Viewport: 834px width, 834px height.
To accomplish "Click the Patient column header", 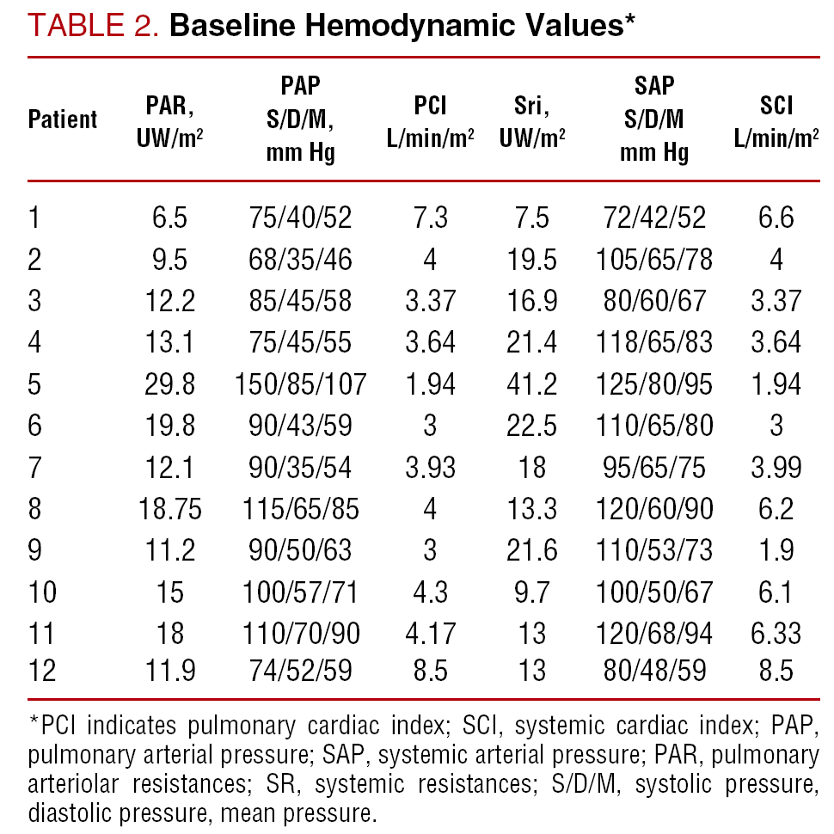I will [x=63, y=119].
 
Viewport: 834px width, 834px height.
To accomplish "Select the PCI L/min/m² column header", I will [x=431, y=119].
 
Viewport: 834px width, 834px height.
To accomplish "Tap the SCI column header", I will [x=776, y=119].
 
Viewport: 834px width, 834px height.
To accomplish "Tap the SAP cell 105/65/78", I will [x=655, y=259].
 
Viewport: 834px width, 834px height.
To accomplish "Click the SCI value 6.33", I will [x=776, y=634].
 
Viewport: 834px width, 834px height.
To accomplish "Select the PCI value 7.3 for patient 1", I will [x=431, y=218].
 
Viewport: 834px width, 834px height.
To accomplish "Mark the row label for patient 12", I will [x=42, y=670].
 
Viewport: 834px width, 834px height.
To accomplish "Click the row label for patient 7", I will [x=34, y=467].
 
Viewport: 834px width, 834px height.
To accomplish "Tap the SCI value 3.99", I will [x=776, y=467].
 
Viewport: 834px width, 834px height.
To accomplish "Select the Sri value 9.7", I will [x=532, y=592].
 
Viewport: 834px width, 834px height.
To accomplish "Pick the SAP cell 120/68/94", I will [x=655, y=634].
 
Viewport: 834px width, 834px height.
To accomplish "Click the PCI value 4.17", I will [x=431, y=634].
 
